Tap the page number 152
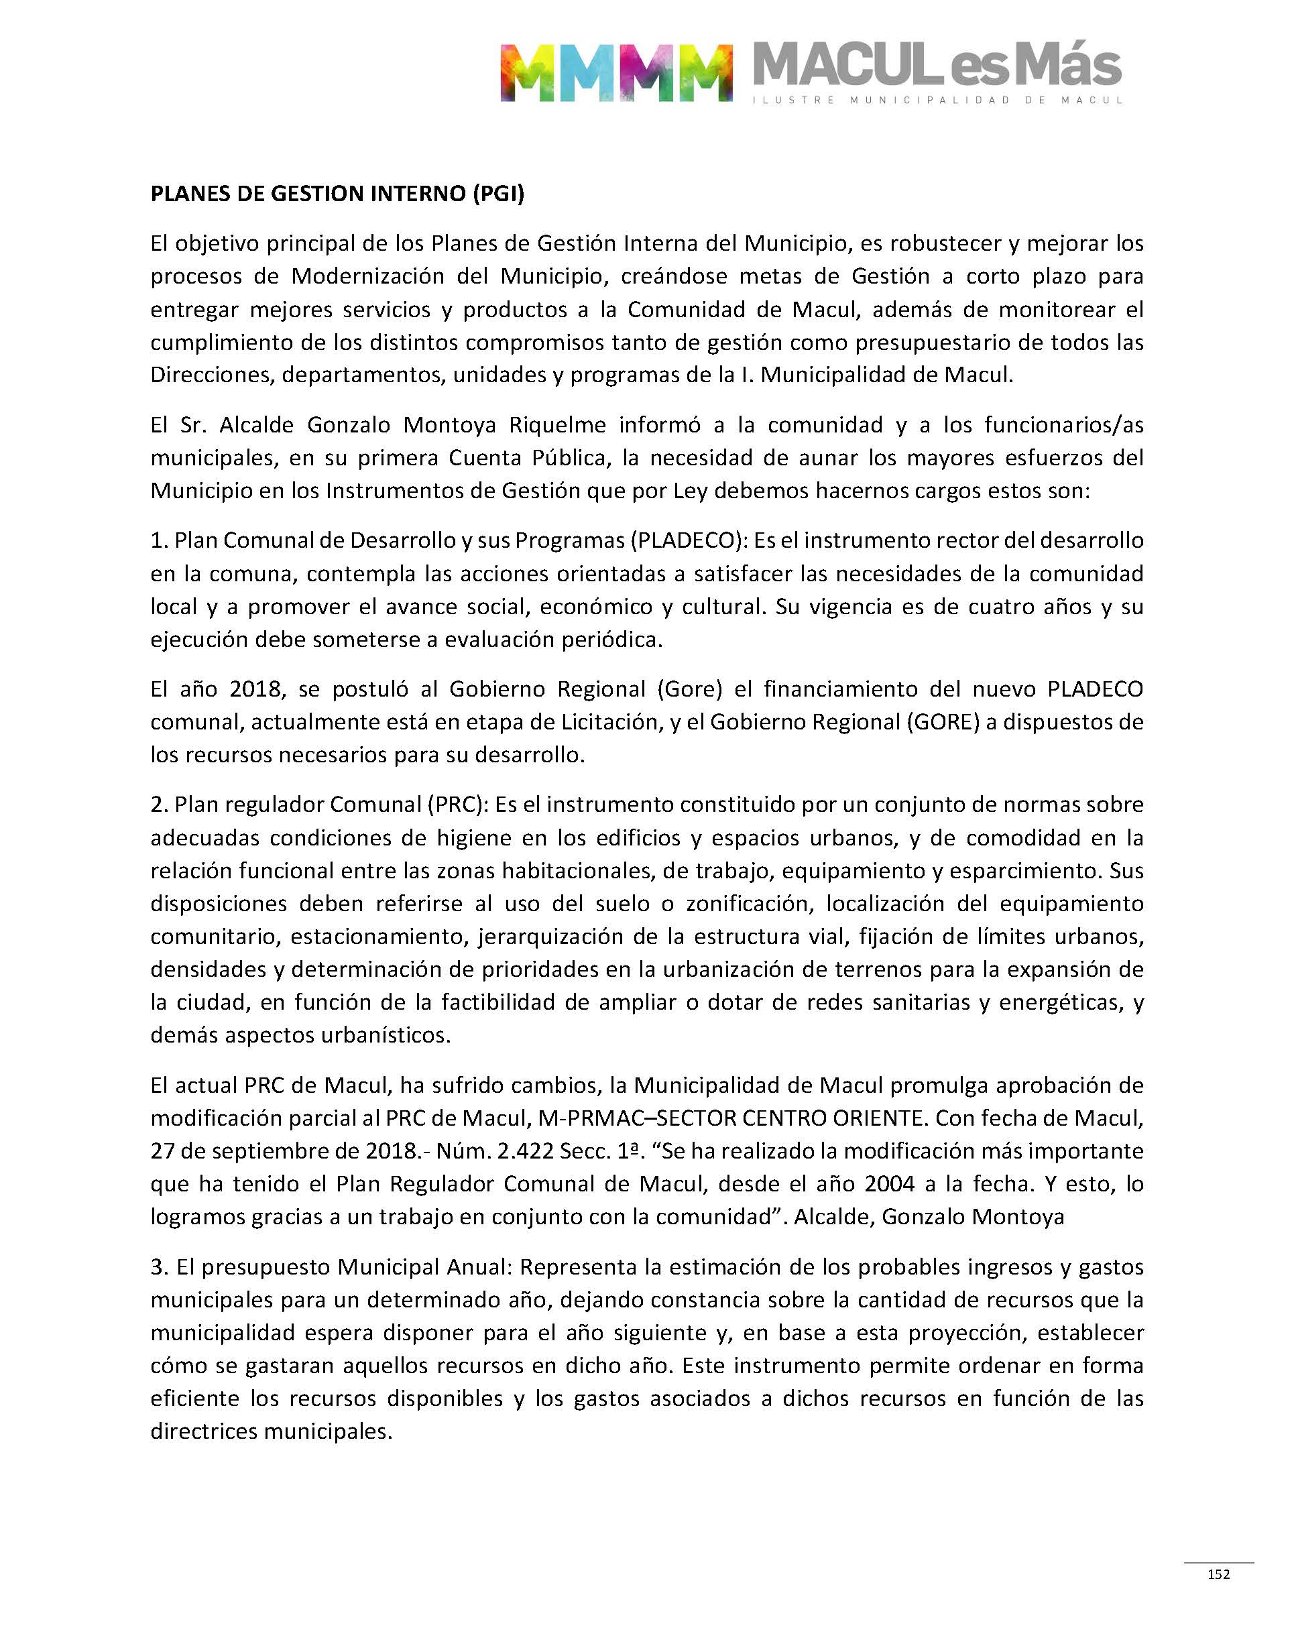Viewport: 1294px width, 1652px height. (1218, 1574)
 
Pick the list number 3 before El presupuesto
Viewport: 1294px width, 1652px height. (158, 1267)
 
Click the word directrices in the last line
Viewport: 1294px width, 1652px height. (206, 1431)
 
